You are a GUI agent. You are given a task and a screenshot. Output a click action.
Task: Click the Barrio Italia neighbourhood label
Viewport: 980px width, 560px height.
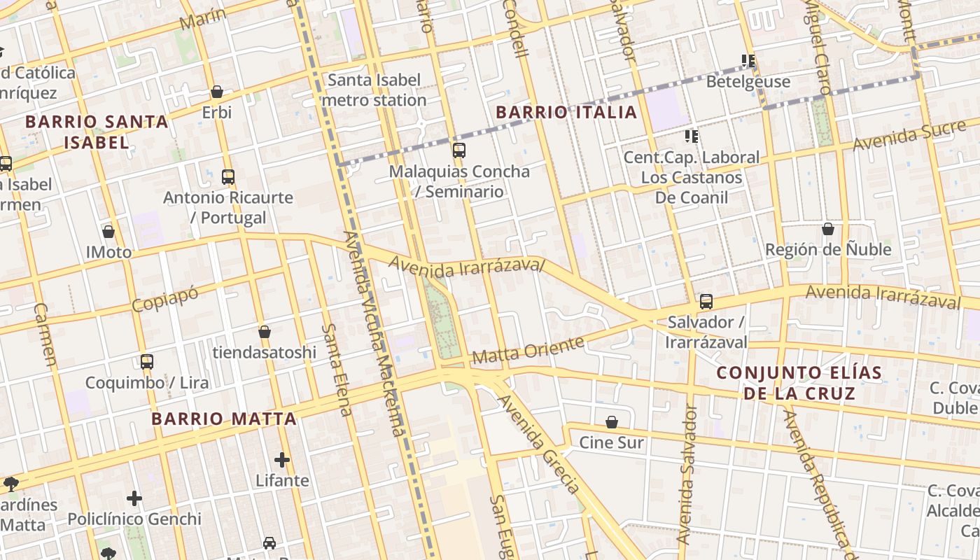pos(566,112)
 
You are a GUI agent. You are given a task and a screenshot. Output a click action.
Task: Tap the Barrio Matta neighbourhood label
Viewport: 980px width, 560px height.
pos(224,419)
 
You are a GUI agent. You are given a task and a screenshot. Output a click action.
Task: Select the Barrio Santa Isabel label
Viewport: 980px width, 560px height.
pos(97,132)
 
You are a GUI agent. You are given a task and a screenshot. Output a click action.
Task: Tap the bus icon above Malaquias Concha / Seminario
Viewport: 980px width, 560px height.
pos(459,150)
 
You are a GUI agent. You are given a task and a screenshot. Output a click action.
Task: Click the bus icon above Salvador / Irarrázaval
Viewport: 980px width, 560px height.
pos(706,302)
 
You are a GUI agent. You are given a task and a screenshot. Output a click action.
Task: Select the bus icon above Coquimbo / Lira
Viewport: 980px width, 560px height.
pos(147,362)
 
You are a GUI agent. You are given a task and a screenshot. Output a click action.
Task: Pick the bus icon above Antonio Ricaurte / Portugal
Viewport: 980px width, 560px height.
pos(228,176)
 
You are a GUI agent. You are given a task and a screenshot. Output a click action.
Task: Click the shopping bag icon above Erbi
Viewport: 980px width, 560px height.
pos(217,92)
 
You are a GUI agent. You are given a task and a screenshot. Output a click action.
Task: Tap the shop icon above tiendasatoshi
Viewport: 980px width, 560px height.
pos(265,331)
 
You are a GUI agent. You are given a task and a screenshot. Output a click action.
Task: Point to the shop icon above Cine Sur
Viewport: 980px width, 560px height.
pos(612,421)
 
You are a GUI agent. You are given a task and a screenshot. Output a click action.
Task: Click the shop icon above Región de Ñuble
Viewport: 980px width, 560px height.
pos(828,229)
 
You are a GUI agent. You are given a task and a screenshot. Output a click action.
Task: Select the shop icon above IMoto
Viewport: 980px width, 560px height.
pos(108,231)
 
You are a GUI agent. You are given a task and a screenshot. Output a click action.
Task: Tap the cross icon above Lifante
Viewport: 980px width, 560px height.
pos(282,460)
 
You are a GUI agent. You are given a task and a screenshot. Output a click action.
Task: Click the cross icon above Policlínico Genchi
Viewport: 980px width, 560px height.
pos(134,498)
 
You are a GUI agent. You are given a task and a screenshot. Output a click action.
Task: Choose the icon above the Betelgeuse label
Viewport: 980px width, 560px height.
pos(748,61)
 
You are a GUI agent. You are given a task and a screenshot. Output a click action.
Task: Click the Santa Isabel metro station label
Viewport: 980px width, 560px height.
pos(374,90)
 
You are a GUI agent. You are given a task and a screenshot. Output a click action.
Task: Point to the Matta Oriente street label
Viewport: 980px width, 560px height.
pos(528,351)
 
